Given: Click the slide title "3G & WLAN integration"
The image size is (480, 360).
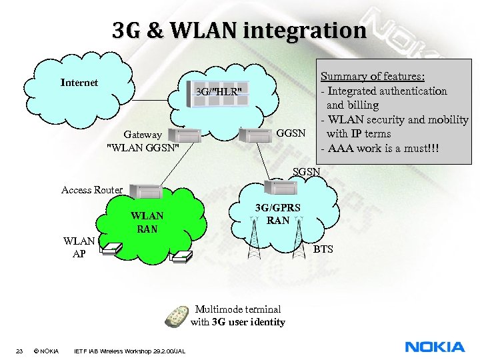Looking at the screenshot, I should (239, 31).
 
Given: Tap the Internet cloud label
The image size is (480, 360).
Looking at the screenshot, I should (79, 83).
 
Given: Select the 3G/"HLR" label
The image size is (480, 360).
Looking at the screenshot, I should (219, 91).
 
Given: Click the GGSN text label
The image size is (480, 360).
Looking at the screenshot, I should (290, 133).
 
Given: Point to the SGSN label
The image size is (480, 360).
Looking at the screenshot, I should (307, 171).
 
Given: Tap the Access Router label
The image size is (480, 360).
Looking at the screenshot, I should (92, 190).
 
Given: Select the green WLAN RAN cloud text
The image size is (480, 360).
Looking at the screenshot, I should (147, 222).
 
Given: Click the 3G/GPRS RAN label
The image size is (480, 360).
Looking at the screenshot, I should (277, 213).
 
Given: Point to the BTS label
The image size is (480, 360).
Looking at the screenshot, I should (323, 249).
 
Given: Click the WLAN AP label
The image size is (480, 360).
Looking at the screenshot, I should (79, 246).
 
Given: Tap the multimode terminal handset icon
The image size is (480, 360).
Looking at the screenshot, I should (178, 314).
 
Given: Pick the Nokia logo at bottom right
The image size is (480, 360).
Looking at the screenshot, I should (435, 347).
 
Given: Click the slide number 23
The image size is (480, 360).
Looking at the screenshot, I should (20, 351).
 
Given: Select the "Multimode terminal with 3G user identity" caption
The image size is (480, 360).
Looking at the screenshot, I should (237, 315).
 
